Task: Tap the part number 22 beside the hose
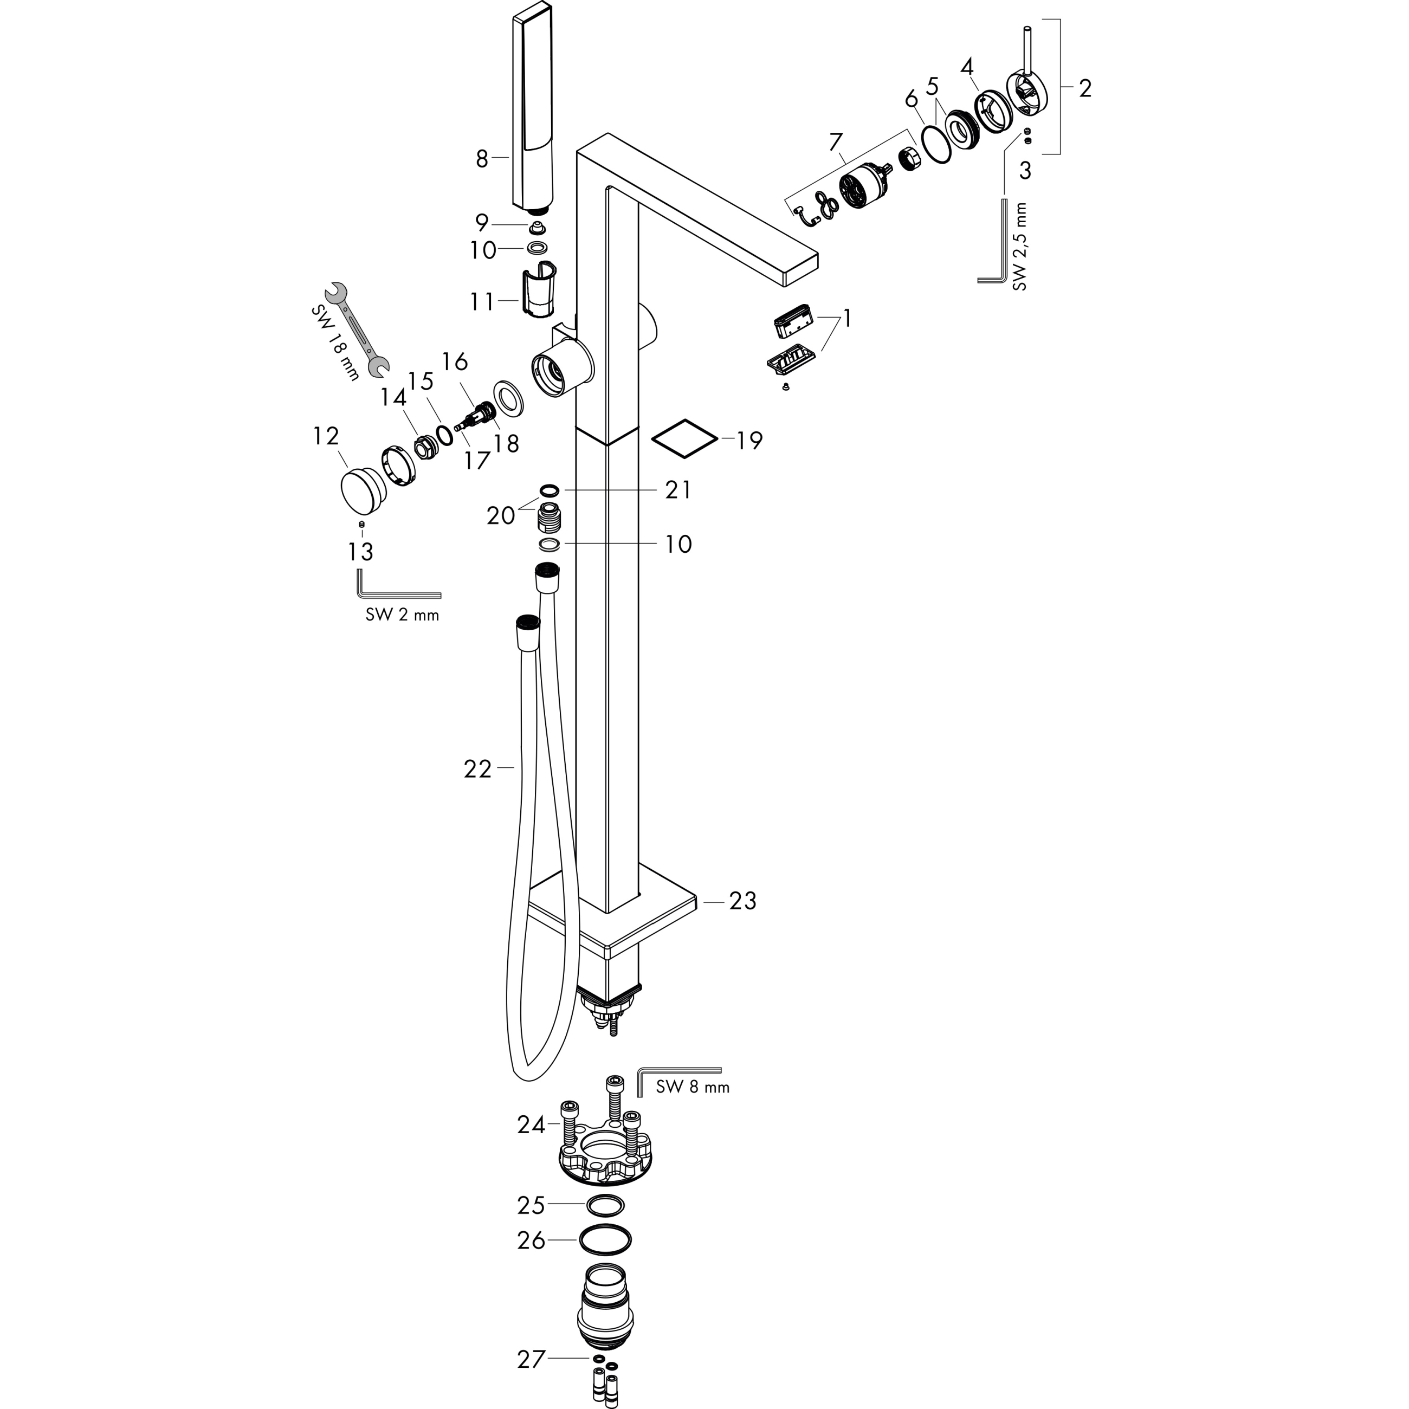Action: point(477,768)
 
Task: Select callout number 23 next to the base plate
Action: point(742,901)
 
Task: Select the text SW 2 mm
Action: point(402,615)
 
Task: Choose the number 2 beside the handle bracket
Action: point(1084,88)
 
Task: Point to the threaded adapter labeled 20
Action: point(548,516)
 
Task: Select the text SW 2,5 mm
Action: point(1019,247)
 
